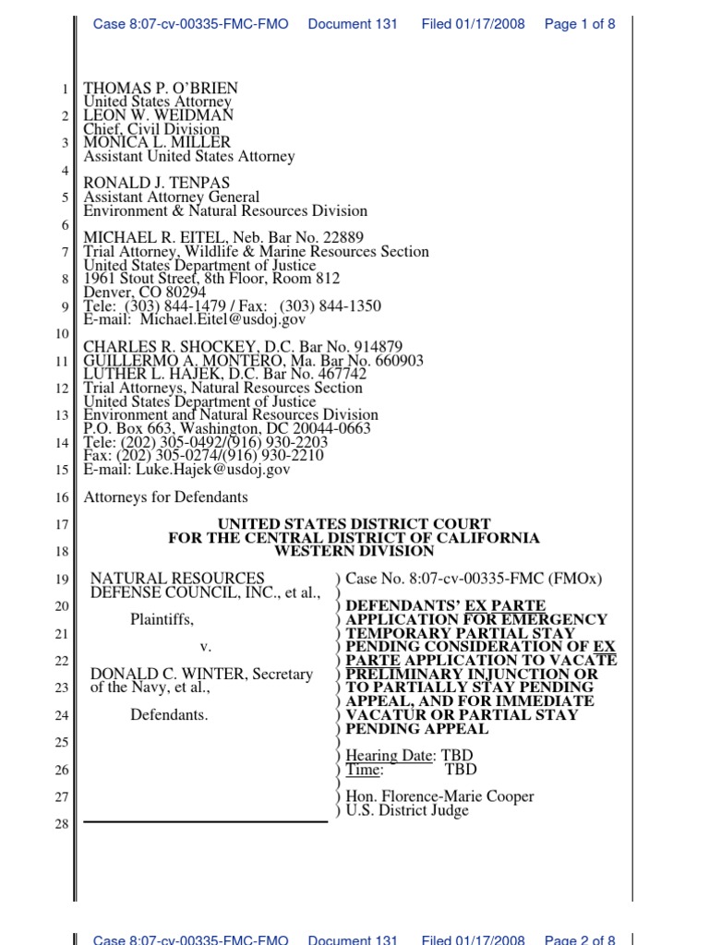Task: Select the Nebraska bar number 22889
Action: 330,238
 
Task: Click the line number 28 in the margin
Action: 62,824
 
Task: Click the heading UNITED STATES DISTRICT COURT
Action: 354,524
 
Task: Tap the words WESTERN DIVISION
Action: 354,552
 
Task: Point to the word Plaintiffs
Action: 162,619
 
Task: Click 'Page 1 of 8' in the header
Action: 580,24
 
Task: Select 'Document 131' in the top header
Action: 353,24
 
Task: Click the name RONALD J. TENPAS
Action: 157,184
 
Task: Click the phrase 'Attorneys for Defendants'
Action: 165,497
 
